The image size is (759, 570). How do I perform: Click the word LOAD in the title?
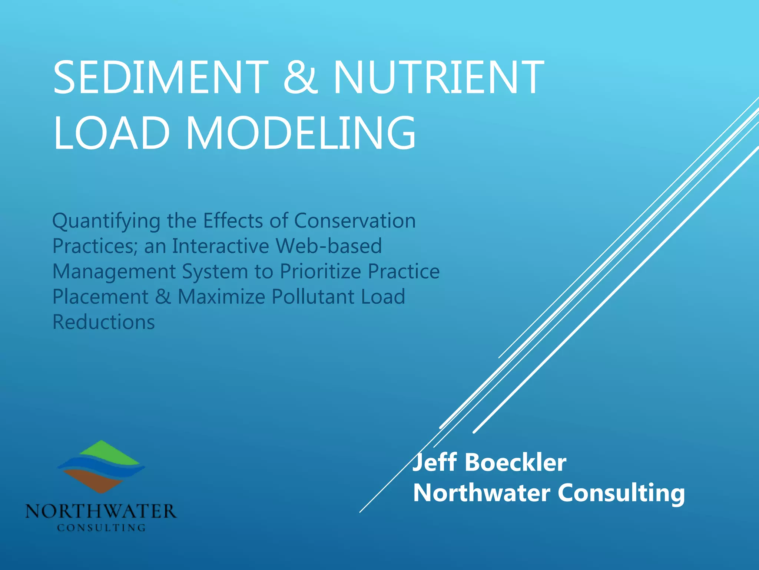coord(112,132)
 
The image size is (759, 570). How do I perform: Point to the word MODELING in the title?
coord(301,132)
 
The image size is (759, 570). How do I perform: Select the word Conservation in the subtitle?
coord(355,221)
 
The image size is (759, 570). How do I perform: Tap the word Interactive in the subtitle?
coord(221,246)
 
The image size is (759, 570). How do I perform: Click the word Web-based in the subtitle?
coord(329,246)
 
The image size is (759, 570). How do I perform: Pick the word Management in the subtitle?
coord(114,272)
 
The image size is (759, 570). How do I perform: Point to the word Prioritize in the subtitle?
coord(320,271)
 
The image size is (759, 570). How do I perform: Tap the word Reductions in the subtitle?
coord(104,322)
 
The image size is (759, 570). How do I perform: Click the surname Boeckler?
coord(515,463)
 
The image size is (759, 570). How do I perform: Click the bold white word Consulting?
coord(621,494)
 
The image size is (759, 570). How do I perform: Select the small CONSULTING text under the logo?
coord(101,527)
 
